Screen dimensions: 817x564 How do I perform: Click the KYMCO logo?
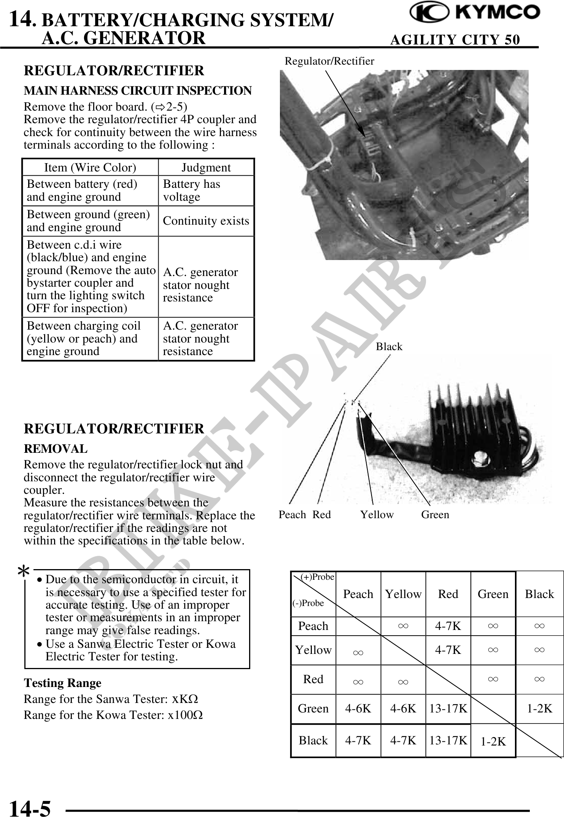[475, 13]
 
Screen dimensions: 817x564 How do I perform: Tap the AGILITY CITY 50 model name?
[455, 40]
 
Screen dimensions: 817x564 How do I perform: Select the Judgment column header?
[206, 168]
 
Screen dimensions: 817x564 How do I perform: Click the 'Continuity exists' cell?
[206, 221]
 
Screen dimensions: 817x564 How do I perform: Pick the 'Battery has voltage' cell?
[192, 190]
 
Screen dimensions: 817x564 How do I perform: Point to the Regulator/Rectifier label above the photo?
[329, 61]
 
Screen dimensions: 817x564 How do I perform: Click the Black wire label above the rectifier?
[389, 346]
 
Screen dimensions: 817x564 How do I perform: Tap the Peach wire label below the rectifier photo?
[292, 515]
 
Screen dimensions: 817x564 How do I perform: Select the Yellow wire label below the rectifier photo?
[377, 515]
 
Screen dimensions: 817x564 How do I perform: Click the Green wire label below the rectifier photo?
[435, 515]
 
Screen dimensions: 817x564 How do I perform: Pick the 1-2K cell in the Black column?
[539, 708]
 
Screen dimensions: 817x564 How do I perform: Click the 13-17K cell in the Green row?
[448, 708]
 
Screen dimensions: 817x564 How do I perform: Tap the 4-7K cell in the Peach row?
[448, 626]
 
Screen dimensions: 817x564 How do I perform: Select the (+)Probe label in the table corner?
[317, 577]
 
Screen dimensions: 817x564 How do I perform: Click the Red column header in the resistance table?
[448, 594]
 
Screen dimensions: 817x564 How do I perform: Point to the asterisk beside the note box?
[24, 572]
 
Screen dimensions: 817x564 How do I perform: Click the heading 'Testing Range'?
[63, 683]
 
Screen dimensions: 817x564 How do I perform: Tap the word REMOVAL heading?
[56, 449]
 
